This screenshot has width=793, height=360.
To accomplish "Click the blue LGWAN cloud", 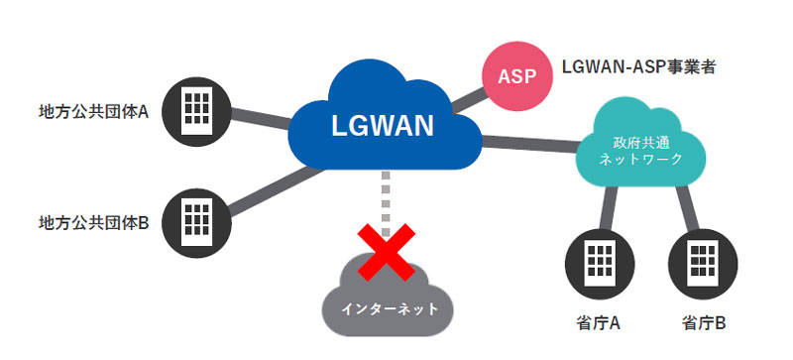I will pyautogui.click(x=382, y=125).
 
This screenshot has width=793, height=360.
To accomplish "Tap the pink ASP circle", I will pyautogui.click(x=515, y=74).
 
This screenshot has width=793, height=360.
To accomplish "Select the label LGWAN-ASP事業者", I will pyautogui.click(x=638, y=67).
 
